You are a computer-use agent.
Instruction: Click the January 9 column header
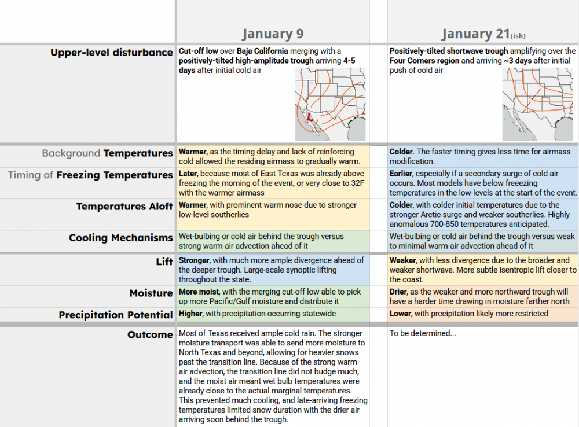[x=272, y=34]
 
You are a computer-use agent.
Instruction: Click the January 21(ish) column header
[x=483, y=34]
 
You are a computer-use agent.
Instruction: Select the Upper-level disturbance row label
[x=111, y=53]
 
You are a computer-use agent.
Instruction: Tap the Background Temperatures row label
[x=107, y=153]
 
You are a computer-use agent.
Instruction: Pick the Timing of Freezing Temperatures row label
[x=90, y=175]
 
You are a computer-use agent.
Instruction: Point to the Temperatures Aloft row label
[x=124, y=207]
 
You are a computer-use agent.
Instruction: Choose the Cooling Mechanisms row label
[x=120, y=238]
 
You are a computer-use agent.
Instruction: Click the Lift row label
[x=164, y=262]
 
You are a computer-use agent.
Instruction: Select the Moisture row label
[x=151, y=293]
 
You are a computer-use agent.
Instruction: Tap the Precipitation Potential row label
[x=115, y=315]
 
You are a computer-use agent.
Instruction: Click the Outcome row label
[x=150, y=335]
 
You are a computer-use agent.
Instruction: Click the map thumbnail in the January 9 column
[x=331, y=104]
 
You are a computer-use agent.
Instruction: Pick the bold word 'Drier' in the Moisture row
[x=400, y=292]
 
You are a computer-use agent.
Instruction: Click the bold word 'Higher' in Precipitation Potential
[x=190, y=314]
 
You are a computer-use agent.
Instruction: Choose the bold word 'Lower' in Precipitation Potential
[x=400, y=314]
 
